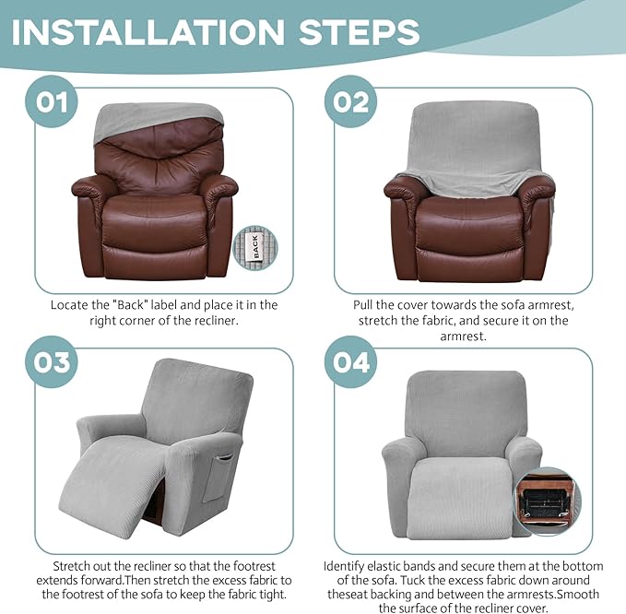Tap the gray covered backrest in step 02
coord(469,138)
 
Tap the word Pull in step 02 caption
coord(365,304)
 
